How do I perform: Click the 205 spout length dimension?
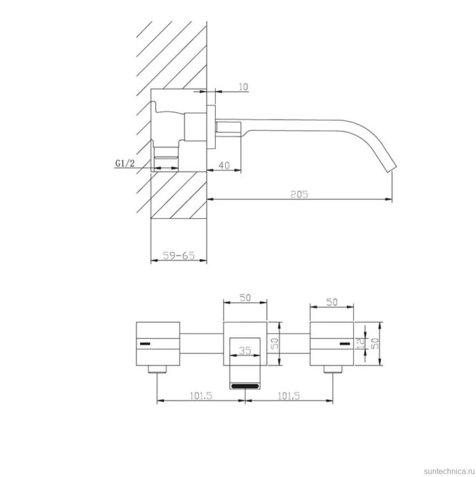299,194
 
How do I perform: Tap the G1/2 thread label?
125,163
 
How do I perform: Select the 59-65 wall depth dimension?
178,255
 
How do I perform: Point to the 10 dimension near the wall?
243,87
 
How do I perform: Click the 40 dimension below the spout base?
224,165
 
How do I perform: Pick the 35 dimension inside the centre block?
245,351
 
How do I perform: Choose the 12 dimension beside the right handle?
360,344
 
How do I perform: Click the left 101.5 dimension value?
201,396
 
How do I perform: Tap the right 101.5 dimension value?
289,396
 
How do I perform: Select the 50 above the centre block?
245,298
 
